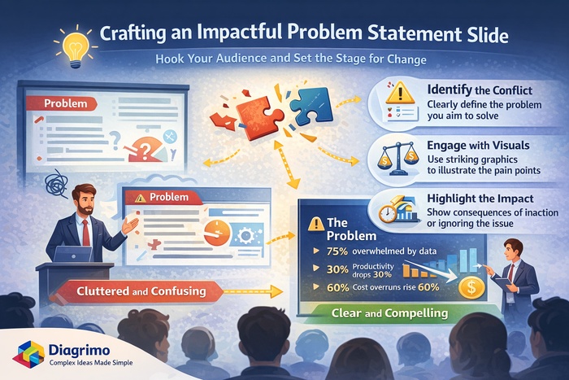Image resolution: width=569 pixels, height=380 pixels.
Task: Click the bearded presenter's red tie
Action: coord(85,232)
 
